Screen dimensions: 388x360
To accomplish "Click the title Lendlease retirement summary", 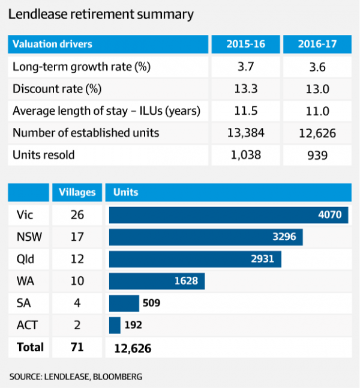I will [101, 14].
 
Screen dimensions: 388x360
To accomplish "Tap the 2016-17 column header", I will [316, 44].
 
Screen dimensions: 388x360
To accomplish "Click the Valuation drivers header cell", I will [53, 44].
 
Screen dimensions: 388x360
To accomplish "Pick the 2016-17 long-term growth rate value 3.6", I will [316, 67].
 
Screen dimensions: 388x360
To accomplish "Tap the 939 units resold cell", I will [316, 156].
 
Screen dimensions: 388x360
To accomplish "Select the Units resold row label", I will [44, 156].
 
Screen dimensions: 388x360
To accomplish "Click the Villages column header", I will [77, 192].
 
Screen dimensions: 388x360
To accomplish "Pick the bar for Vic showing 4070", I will [228, 214].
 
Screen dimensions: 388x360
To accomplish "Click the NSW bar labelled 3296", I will [205, 237].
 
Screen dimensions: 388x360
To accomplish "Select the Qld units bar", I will [195, 259].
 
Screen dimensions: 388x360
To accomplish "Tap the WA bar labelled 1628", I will [157, 281].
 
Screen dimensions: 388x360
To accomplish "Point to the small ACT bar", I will [115, 325].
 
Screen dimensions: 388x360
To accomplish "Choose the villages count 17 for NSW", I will [77, 237].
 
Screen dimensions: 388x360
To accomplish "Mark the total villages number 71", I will [77, 347].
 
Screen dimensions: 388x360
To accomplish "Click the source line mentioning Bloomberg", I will [76, 377].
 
